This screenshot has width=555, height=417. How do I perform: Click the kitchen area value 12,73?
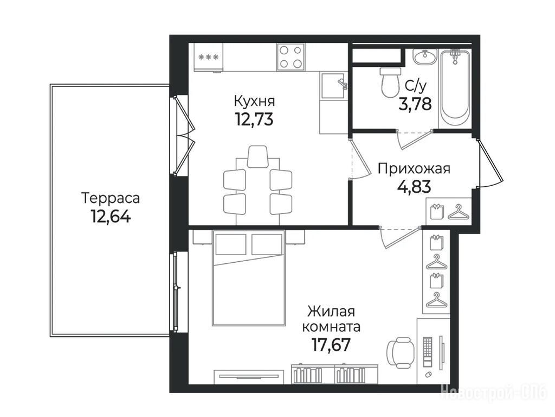[254, 119]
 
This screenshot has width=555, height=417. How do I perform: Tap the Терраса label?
[111, 198]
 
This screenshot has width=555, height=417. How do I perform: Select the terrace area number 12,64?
[111, 216]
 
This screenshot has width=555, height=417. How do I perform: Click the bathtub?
[455, 89]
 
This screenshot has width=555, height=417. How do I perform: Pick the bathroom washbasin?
[425, 57]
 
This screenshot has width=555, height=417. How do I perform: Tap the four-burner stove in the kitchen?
[291, 56]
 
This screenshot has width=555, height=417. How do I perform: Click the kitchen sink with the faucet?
[334, 85]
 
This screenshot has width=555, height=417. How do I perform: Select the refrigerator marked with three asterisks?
[209, 58]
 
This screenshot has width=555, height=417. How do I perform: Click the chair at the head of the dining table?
[257, 156]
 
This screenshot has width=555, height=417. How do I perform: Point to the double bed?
[248, 277]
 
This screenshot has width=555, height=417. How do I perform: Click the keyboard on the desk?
[428, 352]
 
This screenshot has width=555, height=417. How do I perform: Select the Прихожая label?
[414, 168]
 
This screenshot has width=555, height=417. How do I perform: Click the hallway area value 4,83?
[414, 187]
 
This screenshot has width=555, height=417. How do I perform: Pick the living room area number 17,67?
[331, 344]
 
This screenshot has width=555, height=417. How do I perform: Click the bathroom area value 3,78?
[415, 104]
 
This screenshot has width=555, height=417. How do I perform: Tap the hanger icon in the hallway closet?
[459, 212]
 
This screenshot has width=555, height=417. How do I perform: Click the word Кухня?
[254, 101]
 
